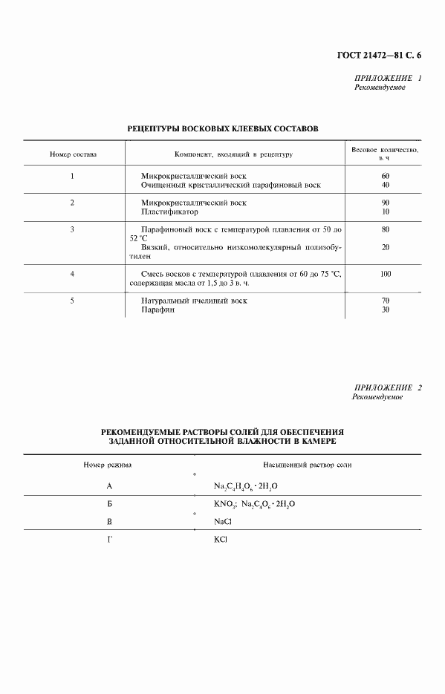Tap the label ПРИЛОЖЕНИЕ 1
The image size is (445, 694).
pos(388,78)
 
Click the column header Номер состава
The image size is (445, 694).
pos(73,154)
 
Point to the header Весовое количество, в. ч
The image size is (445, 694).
pos(385,154)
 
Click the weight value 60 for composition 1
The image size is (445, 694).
pos(385,176)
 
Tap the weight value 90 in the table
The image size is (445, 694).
pos(385,203)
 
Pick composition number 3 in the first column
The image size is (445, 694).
pos(72,229)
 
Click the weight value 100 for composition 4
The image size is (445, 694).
pos(385,274)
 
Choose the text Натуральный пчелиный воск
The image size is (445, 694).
pos(194,301)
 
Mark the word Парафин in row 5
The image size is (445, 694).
pos(157,310)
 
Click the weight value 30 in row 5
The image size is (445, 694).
pos(385,310)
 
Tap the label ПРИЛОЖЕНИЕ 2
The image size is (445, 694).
pos(388,388)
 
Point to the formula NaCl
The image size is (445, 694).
pos(223,522)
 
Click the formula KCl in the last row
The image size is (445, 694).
pos(221,540)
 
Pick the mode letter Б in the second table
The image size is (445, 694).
pos(109,504)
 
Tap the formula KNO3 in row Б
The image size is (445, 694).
pos(225,504)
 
